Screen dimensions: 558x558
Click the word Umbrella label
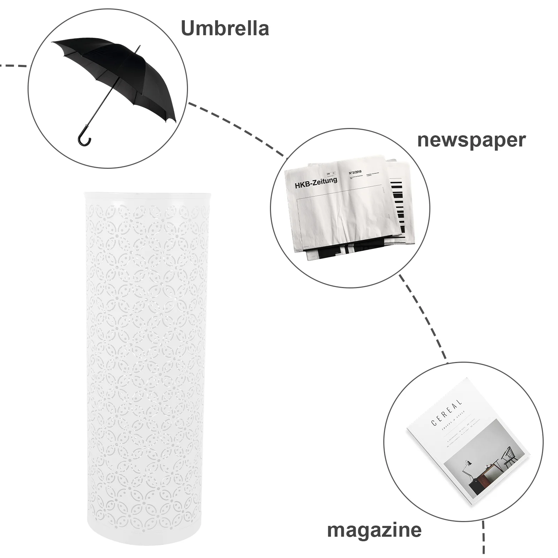coord(225,29)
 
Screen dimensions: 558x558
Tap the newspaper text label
coord(471,141)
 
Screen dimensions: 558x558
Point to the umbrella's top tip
coord(139,46)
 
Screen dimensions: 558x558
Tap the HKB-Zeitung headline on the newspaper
coord(316,182)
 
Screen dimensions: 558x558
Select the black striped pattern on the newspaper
coord(399,206)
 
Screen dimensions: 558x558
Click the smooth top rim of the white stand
coord(146,198)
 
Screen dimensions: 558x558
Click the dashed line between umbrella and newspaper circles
coord(237,129)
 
